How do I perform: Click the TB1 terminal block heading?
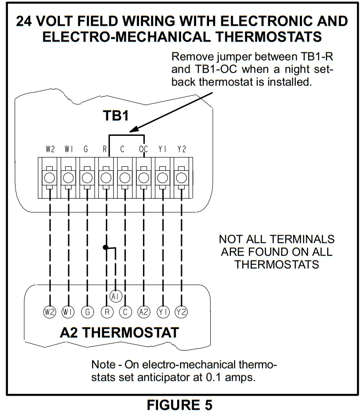tap(116, 116)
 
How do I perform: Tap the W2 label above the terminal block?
tap(50, 150)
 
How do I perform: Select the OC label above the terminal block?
tap(143, 150)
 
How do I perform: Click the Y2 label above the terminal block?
tap(181, 150)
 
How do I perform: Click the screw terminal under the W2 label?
tap(50, 177)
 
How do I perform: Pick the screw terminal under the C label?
tap(124, 177)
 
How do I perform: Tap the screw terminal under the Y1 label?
tap(162, 177)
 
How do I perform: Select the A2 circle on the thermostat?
tap(143, 312)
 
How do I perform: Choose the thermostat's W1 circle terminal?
tap(68, 312)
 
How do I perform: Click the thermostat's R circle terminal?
tap(106, 312)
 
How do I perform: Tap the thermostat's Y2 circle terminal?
tap(181, 312)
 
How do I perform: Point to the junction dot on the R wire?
tap(106, 247)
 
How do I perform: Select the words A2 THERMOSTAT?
tap(120, 332)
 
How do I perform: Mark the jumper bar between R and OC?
tap(127, 134)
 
